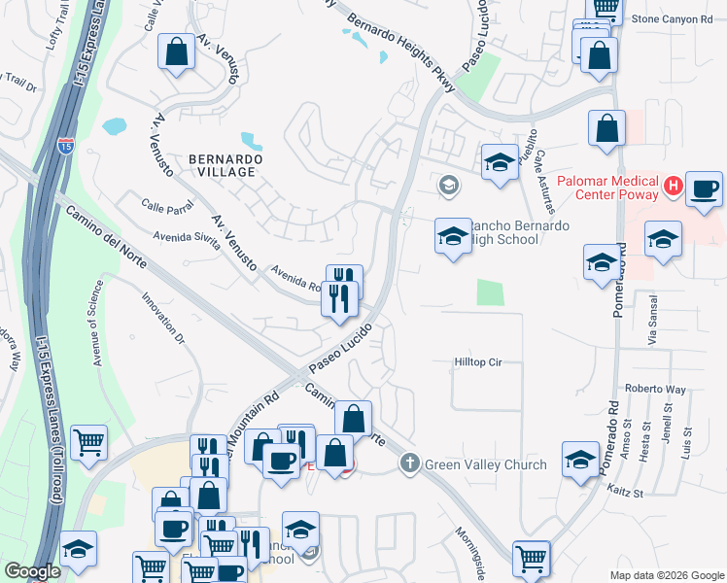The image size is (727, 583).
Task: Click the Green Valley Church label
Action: (485, 464)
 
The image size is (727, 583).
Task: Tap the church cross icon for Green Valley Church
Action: (410, 464)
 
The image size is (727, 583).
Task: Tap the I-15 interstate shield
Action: (65, 147)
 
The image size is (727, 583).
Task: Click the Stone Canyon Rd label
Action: (672, 18)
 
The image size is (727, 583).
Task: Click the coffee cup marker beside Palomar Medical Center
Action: (704, 189)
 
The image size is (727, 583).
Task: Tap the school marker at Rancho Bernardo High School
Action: (453, 236)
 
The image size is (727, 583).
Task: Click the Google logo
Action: (33, 571)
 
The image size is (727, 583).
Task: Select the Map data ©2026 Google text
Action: (666, 575)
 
